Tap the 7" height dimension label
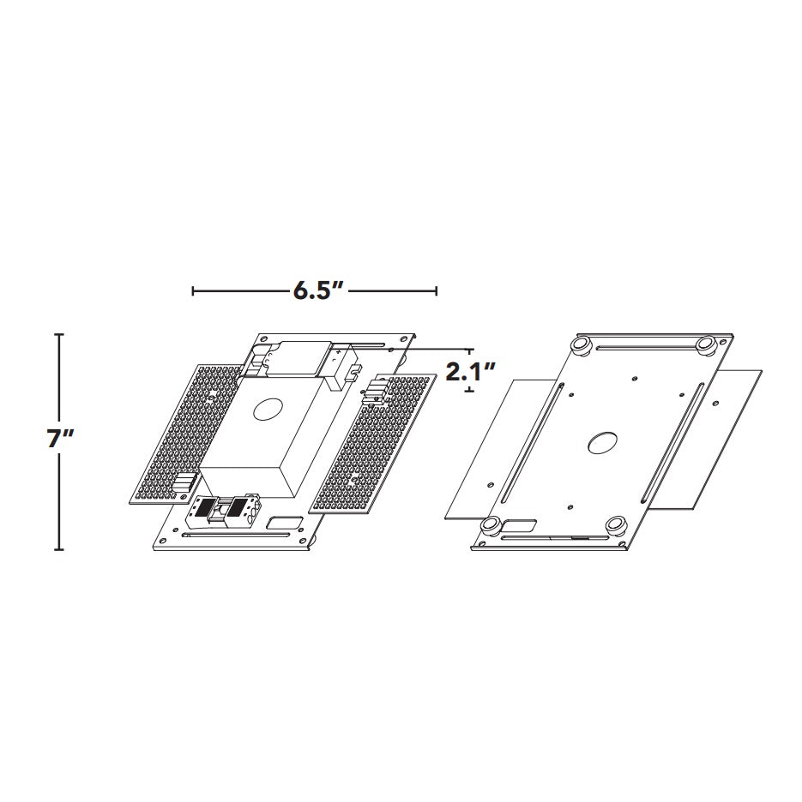click(60, 439)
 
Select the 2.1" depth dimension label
click(470, 371)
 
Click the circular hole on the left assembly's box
click(268, 410)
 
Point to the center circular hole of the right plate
click(602, 443)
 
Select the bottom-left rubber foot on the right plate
click(491, 526)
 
